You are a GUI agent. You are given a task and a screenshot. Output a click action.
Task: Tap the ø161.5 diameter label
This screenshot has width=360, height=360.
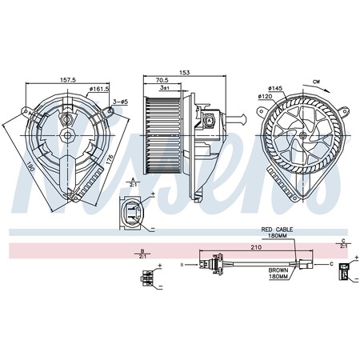pyautogui.click(x=98, y=90)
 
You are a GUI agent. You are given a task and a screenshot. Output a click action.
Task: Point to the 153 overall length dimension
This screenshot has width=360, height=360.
pyautogui.click(x=186, y=74)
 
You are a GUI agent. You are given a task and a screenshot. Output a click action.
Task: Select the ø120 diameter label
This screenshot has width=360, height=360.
pyautogui.click(x=265, y=97)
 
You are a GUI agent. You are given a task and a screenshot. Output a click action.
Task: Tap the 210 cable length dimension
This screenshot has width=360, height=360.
pyautogui.click(x=256, y=247)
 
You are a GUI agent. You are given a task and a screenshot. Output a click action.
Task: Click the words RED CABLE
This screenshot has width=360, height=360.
pyautogui.click(x=278, y=230)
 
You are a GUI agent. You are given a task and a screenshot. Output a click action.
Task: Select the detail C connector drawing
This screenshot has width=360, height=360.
pyautogui.click(x=343, y=274)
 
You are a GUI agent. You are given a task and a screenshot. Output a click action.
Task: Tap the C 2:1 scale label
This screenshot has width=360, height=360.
pyautogui.click(x=342, y=244)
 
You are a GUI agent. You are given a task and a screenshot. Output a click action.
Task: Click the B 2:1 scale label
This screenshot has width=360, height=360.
pyautogui.click(x=142, y=254)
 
